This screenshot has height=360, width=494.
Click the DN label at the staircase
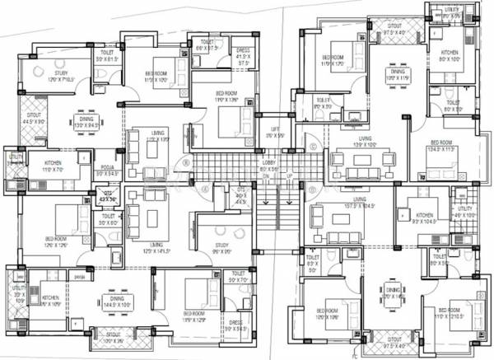coord(265,177)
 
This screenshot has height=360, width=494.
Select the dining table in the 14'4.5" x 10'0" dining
coord(114,297)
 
